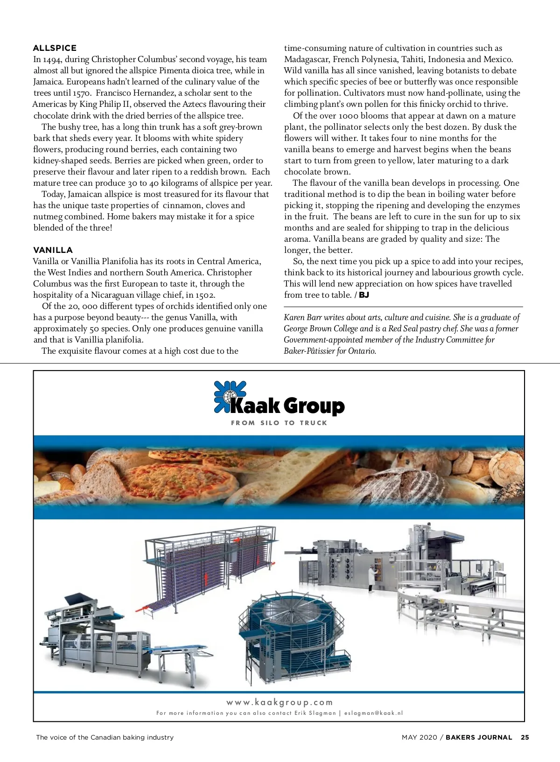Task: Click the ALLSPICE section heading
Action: pyautogui.click(x=55, y=48)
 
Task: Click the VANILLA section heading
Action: pyautogui.click(x=53, y=250)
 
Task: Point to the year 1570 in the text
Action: pyautogui.click(x=81, y=93)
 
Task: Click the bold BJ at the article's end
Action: pyautogui.click(x=364, y=295)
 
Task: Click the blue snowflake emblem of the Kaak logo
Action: pyautogui.click(x=229, y=397)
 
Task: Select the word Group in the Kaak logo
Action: pyautogui.click(x=314, y=406)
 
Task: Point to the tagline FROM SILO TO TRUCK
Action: pyautogui.click(x=279, y=423)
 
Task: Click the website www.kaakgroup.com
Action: pyautogui.click(x=280, y=702)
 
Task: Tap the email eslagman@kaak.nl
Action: pyautogui.click(x=373, y=713)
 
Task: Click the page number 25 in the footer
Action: pyautogui.click(x=525, y=738)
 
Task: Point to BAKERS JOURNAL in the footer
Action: pyautogui.click(x=479, y=738)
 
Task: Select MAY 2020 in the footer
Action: pyautogui.click(x=419, y=738)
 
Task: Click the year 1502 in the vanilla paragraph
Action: pyautogui.click(x=205, y=295)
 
